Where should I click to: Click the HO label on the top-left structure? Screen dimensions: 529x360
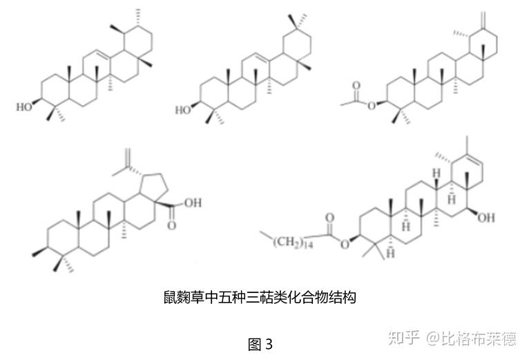[24, 107]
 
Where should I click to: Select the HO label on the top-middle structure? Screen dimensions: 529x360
[183, 109]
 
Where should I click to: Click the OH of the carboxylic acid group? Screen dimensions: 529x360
[193, 203]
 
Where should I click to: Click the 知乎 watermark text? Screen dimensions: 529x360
[404, 338]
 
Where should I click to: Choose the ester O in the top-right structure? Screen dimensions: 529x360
[371, 105]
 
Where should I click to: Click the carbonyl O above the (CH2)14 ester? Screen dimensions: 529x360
[329, 216]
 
